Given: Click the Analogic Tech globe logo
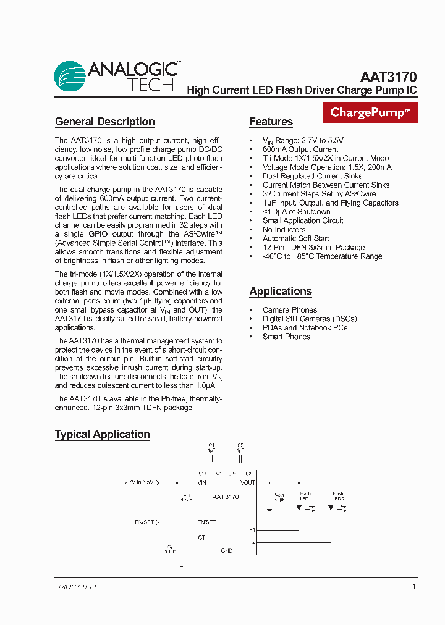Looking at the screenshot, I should [70, 76].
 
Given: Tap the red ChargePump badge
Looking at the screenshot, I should [370, 112].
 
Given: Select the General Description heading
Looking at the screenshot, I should [104, 122].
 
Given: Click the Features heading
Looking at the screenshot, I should [271, 122].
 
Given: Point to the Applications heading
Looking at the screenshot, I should [280, 291].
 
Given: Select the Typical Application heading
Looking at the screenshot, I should [102, 434].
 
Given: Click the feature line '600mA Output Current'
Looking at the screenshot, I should [300, 149].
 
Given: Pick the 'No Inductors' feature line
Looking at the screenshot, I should [284, 230].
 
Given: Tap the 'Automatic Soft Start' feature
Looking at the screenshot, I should [295, 238].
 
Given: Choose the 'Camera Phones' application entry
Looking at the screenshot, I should [289, 310].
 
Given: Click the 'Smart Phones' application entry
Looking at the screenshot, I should [286, 337].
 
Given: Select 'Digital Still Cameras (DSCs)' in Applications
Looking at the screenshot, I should [310, 319].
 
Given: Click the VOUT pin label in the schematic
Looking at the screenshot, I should [248, 483].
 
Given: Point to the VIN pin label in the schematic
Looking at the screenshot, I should [201, 483].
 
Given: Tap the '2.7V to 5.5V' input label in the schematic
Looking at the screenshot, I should [139, 482].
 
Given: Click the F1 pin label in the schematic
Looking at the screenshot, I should [252, 530].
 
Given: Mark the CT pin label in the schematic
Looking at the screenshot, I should [201, 538].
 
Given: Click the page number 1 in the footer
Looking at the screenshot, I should [414, 587].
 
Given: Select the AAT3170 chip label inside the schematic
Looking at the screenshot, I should [226, 497].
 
